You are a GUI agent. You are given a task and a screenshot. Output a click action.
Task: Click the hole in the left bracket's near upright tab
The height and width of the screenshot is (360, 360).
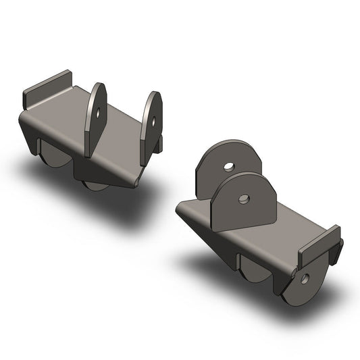[99, 112]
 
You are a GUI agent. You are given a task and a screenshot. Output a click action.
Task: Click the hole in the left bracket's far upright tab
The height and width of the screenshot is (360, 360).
[153, 122]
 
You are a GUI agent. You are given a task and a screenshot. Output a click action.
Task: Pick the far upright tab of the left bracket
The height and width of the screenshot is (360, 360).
[151, 125]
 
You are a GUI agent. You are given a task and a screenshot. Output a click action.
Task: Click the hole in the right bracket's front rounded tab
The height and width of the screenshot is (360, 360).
[245, 199]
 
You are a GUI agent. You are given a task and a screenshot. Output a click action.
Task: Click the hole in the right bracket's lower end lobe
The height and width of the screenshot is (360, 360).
[306, 278]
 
